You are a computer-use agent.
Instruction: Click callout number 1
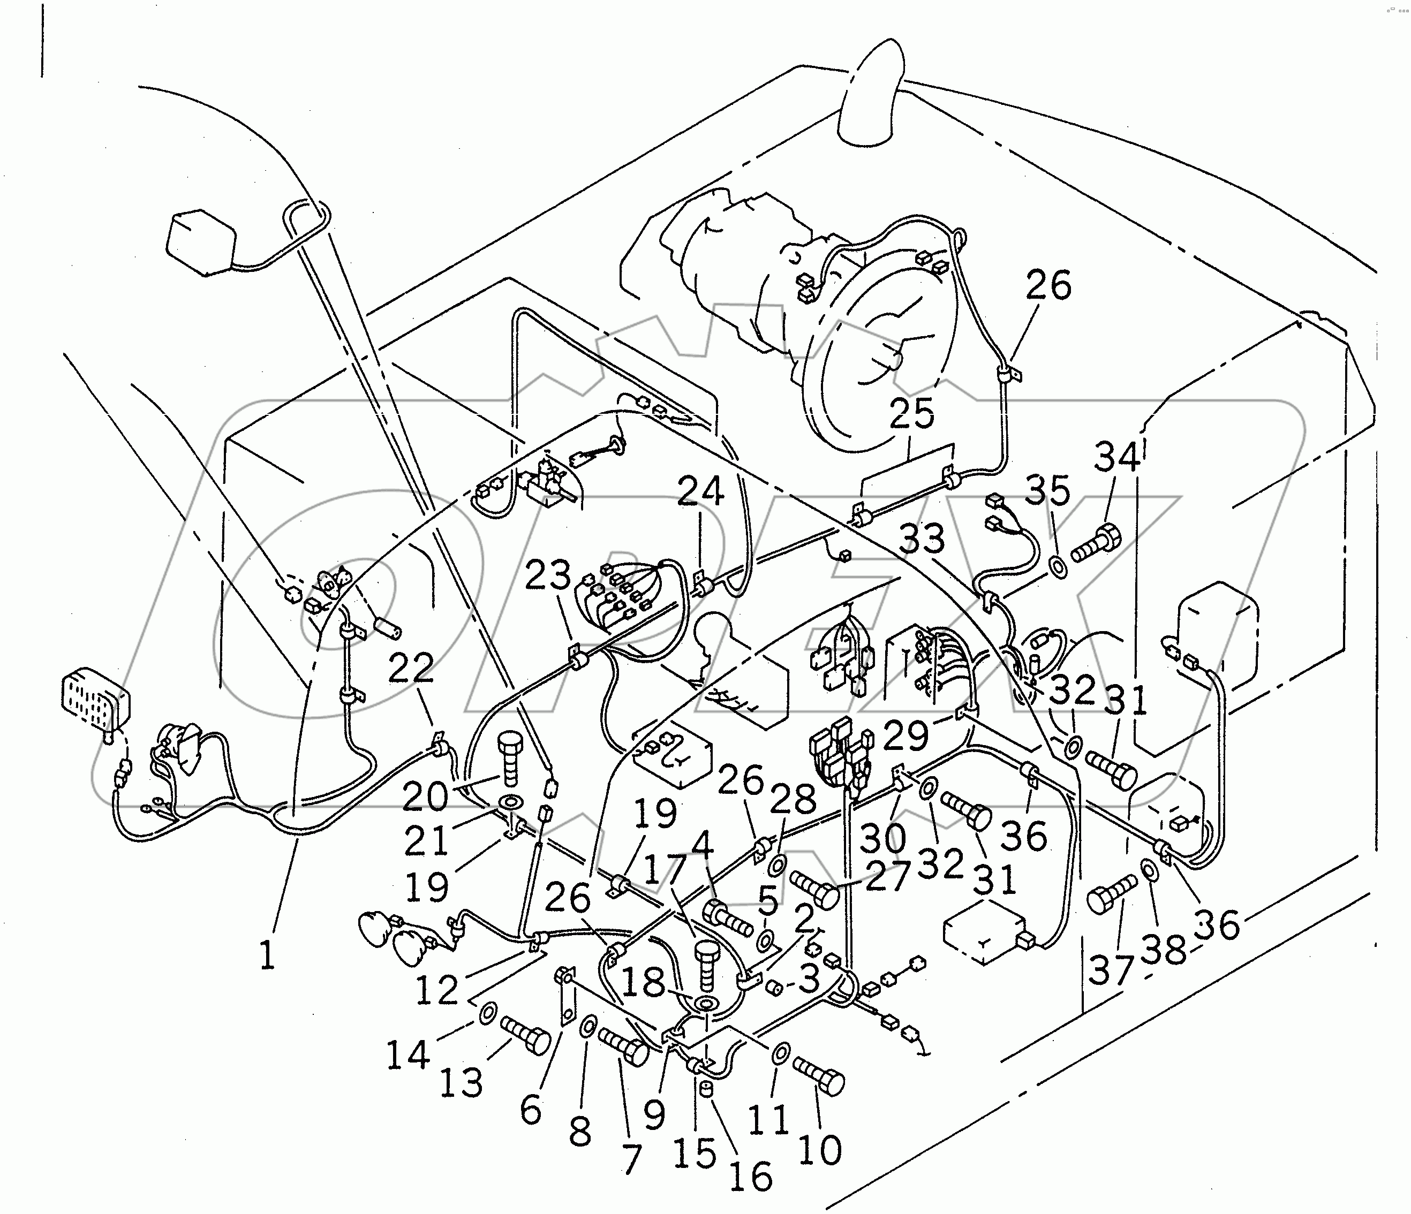267,955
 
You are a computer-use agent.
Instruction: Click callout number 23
549,575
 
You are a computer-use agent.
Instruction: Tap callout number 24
701,491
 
